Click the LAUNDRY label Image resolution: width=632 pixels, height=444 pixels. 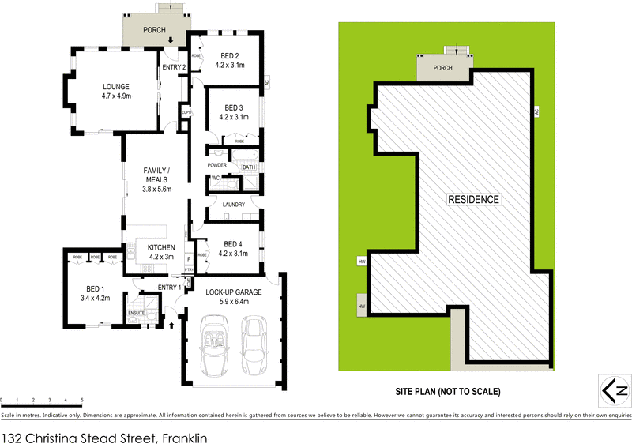coord(233,205)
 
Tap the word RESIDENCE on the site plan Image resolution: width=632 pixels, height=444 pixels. coord(474,199)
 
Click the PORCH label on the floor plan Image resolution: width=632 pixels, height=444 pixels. coord(154,30)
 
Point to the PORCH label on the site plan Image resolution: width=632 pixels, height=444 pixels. coord(442,68)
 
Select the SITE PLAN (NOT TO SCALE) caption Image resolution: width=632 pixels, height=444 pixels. coord(448,391)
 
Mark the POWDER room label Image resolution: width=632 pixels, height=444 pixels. coord(217,165)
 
